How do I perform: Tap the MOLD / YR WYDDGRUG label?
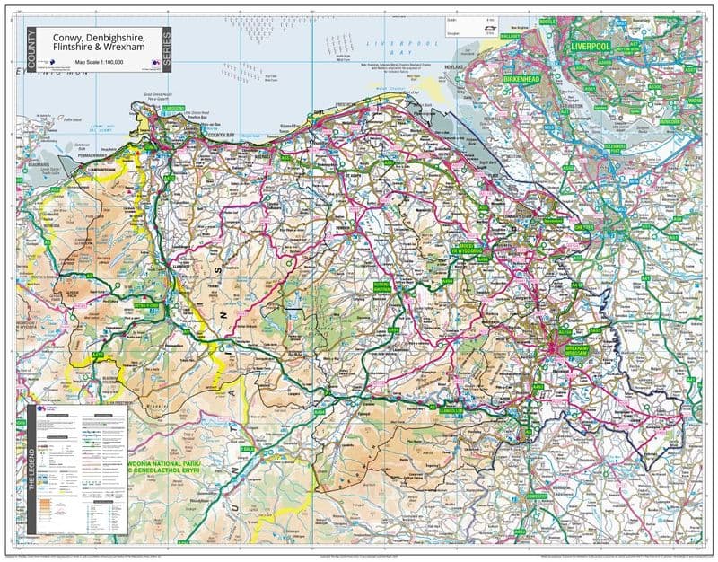(466, 246)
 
